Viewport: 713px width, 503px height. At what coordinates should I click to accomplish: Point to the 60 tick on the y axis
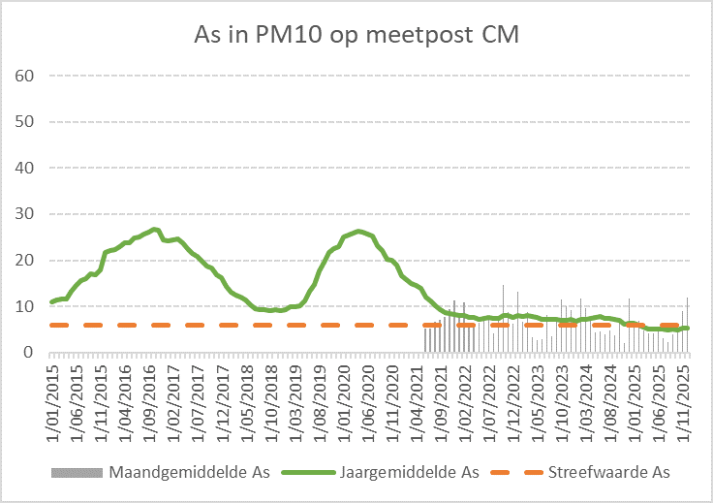(x=26, y=76)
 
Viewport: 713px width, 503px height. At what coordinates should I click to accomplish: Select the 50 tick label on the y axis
(x=26, y=122)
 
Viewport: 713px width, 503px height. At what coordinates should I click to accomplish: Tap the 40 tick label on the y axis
(x=26, y=168)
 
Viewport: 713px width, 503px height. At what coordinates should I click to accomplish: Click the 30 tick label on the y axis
(x=26, y=214)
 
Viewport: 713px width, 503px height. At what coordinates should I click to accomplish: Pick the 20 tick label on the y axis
(x=26, y=261)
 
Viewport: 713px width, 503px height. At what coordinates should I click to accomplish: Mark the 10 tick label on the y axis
(x=26, y=306)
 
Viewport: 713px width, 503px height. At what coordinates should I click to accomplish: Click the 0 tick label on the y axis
(x=30, y=353)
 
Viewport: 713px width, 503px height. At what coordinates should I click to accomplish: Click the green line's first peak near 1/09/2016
(x=155, y=230)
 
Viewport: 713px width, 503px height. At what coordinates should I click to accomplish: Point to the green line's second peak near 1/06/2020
(x=358, y=231)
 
